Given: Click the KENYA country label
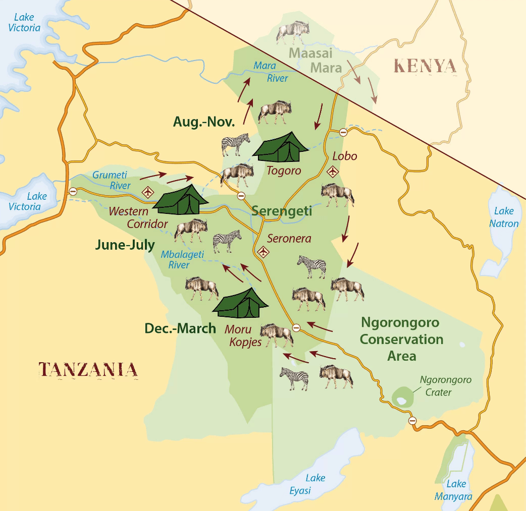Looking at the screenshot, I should pos(425,66).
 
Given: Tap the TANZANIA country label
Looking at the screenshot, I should pos(88,370).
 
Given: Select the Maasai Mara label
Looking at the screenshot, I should pos(315,60).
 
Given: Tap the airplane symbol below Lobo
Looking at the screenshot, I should pos(333,172).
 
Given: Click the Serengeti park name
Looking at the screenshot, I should pos(282,211).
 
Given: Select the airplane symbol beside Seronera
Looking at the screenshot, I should pos(264,251).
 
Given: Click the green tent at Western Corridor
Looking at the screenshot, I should pos(180,200).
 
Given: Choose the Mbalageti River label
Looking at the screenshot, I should pos(182,260).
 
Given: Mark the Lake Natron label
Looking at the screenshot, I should pos(506,217).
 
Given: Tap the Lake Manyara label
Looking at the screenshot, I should pos(453,490).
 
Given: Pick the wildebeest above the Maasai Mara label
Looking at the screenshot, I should pos(292,32).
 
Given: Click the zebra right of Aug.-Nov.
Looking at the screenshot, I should pos(235,144).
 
